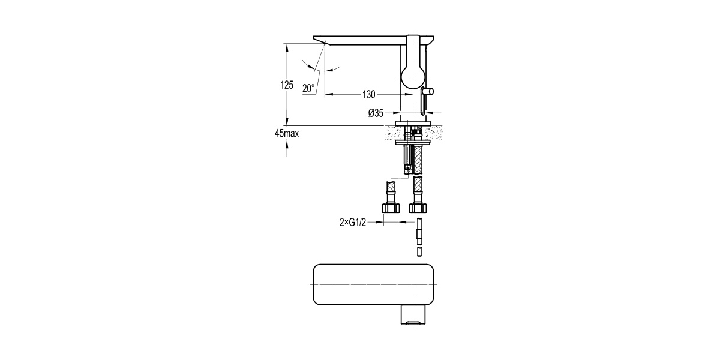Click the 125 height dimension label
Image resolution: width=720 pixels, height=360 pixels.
coord(287,85)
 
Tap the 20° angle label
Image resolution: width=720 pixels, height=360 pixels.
coord(308,88)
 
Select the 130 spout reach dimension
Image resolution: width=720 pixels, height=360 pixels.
coord(368,95)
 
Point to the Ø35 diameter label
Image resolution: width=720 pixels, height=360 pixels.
coord(376,113)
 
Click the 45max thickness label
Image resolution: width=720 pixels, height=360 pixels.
coord(287,133)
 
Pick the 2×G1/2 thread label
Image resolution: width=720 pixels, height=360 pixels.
coord(353,222)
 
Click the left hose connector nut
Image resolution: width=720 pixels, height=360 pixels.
coord(391,208)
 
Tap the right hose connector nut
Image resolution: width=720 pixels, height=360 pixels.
coord(418,208)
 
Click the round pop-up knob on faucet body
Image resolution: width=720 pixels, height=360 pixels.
coord(429,92)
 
